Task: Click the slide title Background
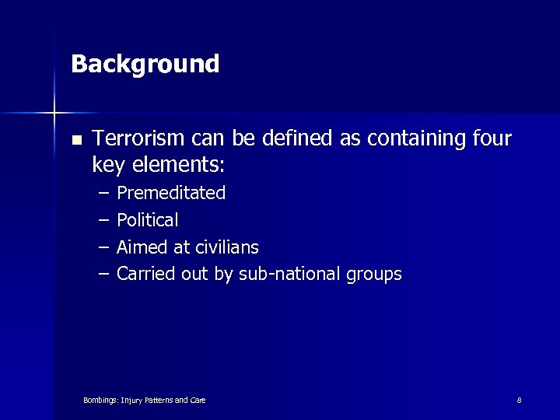(x=145, y=64)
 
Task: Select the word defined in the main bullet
(x=299, y=138)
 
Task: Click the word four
(x=492, y=138)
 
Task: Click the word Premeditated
(x=171, y=193)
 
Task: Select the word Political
(x=147, y=220)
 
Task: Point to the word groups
(x=376, y=275)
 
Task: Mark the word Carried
(x=142, y=274)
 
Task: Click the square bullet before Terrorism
(x=75, y=140)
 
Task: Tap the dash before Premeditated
(x=103, y=193)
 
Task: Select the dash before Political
(x=103, y=220)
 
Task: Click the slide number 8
(x=519, y=400)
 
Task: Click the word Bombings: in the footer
(x=100, y=401)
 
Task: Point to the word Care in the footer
(x=198, y=401)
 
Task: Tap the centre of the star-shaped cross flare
(x=54, y=113)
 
